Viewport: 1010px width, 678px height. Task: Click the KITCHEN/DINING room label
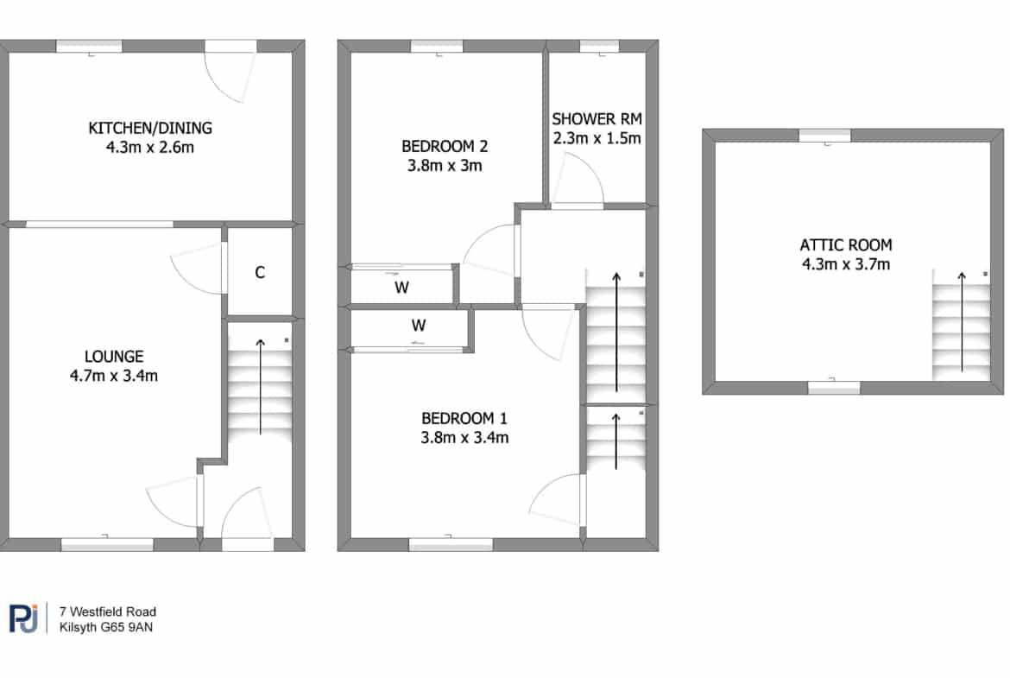coord(150,128)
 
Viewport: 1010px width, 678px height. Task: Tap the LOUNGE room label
coord(114,357)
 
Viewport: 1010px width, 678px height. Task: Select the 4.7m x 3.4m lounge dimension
coord(114,376)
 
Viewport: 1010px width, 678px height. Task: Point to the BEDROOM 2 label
coord(445,146)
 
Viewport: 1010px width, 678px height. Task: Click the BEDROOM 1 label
coord(464,418)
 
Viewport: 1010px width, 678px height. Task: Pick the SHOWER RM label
coord(597,119)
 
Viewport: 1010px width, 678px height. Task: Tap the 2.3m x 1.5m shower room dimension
coord(597,138)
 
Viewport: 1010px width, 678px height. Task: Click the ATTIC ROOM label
coord(846,245)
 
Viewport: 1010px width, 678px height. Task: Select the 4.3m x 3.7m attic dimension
coord(846,264)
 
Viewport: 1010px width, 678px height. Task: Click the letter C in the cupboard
coord(260,273)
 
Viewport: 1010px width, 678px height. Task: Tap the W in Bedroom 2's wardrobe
coord(402,288)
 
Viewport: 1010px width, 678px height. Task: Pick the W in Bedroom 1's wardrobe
coord(419,326)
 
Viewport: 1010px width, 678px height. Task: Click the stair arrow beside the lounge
coord(260,386)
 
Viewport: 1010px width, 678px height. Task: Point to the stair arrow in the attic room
coord(962,322)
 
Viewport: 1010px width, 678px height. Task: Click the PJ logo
coord(24,618)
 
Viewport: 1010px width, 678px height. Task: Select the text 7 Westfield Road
coord(108,611)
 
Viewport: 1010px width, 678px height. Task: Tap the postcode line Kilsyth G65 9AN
coord(106,627)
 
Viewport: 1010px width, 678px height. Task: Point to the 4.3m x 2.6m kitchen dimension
coord(150,147)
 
